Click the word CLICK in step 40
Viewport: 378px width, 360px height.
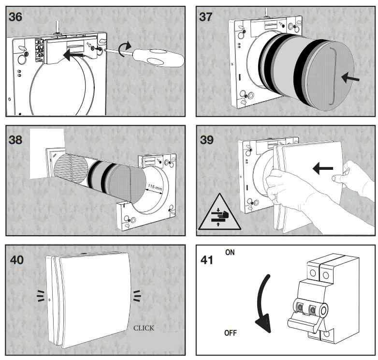pos(144,328)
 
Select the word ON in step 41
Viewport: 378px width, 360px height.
pos(230,253)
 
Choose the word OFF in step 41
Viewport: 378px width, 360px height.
pos(231,333)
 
